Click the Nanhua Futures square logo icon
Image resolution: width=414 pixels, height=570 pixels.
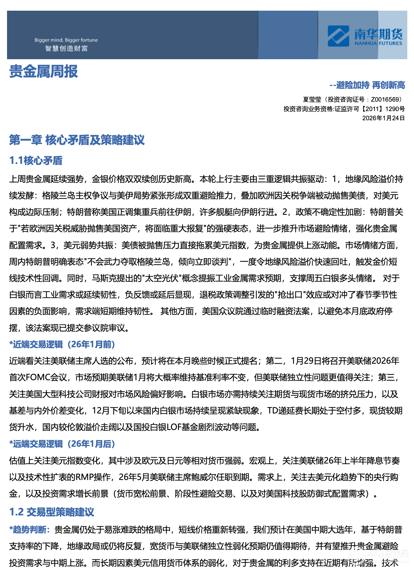click(338, 36)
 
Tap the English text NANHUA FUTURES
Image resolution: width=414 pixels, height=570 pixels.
click(378, 43)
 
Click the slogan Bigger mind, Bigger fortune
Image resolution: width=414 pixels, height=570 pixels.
click(66, 40)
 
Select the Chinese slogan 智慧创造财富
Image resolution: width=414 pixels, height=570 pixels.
click(66, 49)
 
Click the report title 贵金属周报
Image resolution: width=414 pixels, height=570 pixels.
click(44, 71)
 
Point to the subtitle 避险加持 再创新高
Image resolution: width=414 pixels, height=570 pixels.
click(370, 85)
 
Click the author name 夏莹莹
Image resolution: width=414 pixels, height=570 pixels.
click(312, 99)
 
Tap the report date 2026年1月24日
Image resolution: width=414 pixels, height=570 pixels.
click(383, 118)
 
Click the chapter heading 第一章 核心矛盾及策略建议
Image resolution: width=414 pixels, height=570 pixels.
click(77, 140)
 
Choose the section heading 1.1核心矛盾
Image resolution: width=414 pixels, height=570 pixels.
click(36, 161)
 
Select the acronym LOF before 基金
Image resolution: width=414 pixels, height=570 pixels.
click(174, 427)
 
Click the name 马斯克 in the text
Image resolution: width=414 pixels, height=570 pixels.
click(104, 278)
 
